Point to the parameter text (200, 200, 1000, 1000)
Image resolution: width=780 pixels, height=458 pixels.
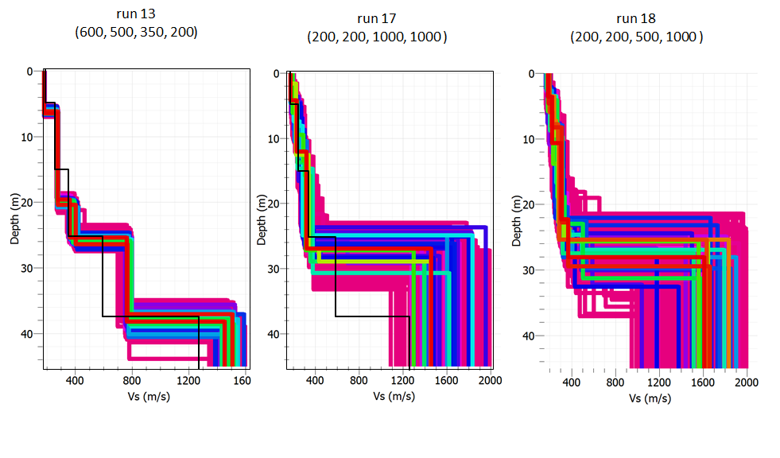(x=377, y=37)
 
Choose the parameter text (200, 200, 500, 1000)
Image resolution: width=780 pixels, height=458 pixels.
(x=636, y=37)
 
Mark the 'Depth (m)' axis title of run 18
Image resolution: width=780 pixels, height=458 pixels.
(x=518, y=220)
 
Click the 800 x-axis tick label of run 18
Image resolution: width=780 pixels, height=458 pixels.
(x=614, y=382)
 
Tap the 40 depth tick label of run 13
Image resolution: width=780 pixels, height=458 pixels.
(x=28, y=333)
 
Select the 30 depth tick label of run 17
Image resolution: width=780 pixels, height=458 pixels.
(x=273, y=269)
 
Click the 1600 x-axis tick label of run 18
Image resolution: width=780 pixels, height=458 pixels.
(x=701, y=382)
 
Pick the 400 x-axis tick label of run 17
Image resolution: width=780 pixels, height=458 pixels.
(x=315, y=381)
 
